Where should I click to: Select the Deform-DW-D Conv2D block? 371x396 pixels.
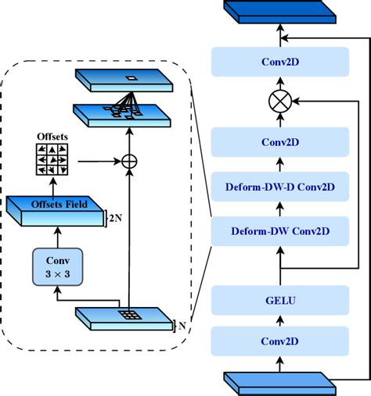click(279, 187)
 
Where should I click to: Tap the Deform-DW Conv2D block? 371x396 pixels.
click(279, 230)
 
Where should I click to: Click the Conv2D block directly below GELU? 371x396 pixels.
click(279, 341)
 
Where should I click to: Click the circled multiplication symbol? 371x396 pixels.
click(279, 102)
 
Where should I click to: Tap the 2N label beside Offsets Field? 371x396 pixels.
click(116, 218)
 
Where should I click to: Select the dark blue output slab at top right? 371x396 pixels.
click(279, 11)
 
